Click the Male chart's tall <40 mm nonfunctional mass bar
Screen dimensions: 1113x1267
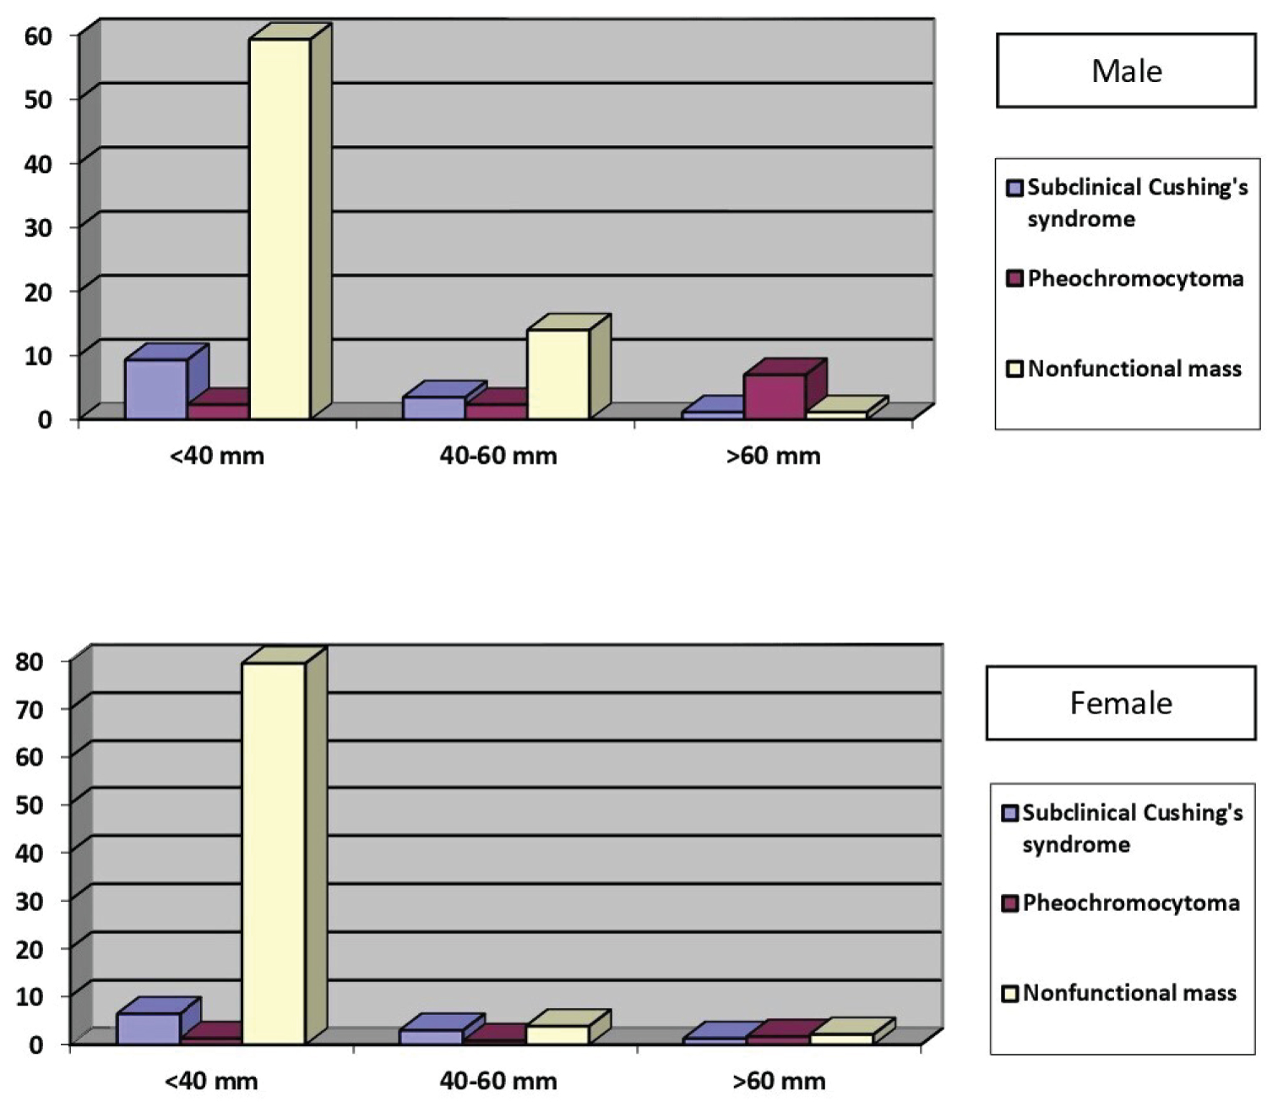280,228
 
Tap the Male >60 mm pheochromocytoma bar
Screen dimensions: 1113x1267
775,396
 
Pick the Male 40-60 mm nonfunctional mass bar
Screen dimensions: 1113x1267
557,374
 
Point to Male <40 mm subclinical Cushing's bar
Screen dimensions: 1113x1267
155,389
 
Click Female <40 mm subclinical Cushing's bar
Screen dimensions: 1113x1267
149,1028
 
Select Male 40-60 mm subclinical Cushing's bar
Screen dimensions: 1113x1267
433,407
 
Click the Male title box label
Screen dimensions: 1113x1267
1126,71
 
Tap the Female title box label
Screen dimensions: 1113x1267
1121,703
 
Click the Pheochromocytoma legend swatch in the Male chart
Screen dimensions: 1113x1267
1014,279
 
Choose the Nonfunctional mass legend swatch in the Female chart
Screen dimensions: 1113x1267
1009,993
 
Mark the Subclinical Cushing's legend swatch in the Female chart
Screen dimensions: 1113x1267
1009,813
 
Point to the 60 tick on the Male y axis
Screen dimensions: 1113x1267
38,35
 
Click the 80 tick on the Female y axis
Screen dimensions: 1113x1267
30,662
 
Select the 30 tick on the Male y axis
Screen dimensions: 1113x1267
38,227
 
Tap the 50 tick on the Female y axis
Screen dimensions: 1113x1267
30,805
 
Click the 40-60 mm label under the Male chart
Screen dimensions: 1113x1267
498,456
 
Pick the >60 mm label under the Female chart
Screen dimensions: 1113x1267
779,1081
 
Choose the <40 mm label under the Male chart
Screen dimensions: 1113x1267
217,456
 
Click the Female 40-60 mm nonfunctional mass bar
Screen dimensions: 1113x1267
557,1034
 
